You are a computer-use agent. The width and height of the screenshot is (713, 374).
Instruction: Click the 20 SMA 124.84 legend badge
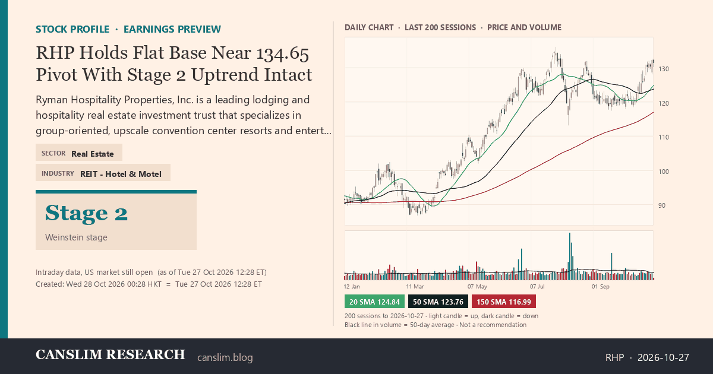point(374,302)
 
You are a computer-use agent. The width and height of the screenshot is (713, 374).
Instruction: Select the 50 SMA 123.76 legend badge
point(438,302)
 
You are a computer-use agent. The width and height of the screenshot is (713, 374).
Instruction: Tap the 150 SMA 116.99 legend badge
point(504,302)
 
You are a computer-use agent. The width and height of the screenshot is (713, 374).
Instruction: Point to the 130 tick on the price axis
point(664,69)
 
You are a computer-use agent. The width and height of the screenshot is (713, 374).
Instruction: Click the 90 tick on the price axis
point(662,206)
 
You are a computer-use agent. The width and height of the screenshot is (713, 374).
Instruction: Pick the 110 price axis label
point(664,137)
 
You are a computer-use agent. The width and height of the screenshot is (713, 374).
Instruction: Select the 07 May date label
point(477,287)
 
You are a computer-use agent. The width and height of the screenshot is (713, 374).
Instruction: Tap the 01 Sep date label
point(600,287)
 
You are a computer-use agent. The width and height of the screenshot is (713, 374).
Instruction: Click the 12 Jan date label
point(352,287)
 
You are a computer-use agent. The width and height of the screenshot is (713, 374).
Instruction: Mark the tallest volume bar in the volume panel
point(570,256)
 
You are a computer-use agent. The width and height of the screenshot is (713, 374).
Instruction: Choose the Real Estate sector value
point(93,154)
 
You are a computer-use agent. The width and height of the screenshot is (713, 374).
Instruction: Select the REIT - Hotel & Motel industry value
point(121,175)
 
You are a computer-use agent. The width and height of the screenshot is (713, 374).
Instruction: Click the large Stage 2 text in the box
point(86,213)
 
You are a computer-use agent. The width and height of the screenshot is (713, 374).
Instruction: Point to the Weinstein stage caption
point(76,237)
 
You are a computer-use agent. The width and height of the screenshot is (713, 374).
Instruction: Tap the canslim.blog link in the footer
point(225,357)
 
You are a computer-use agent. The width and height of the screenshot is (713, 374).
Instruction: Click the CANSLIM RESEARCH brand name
point(110,354)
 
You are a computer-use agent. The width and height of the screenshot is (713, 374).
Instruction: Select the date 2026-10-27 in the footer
point(663,357)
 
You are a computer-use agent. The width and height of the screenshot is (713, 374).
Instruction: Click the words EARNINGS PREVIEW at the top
point(172,29)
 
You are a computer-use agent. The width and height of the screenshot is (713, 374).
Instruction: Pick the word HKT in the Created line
point(154,284)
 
